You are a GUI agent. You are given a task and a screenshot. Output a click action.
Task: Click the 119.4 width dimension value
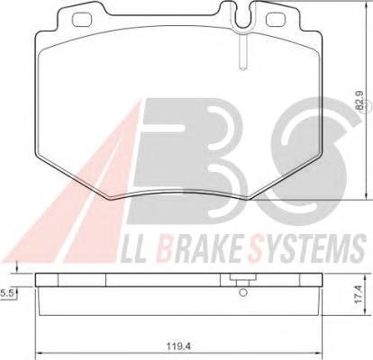click(x=178, y=346)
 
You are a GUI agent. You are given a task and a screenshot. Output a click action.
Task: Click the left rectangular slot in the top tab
click(x=83, y=20)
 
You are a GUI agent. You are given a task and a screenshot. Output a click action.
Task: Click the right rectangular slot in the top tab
click(x=277, y=20)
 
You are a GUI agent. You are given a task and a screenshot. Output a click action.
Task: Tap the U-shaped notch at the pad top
click(x=243, y=16)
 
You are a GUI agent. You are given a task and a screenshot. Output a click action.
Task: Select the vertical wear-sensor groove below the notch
click(x=243, y=51)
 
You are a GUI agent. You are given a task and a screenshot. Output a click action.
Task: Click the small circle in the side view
click(x=243, y=292)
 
